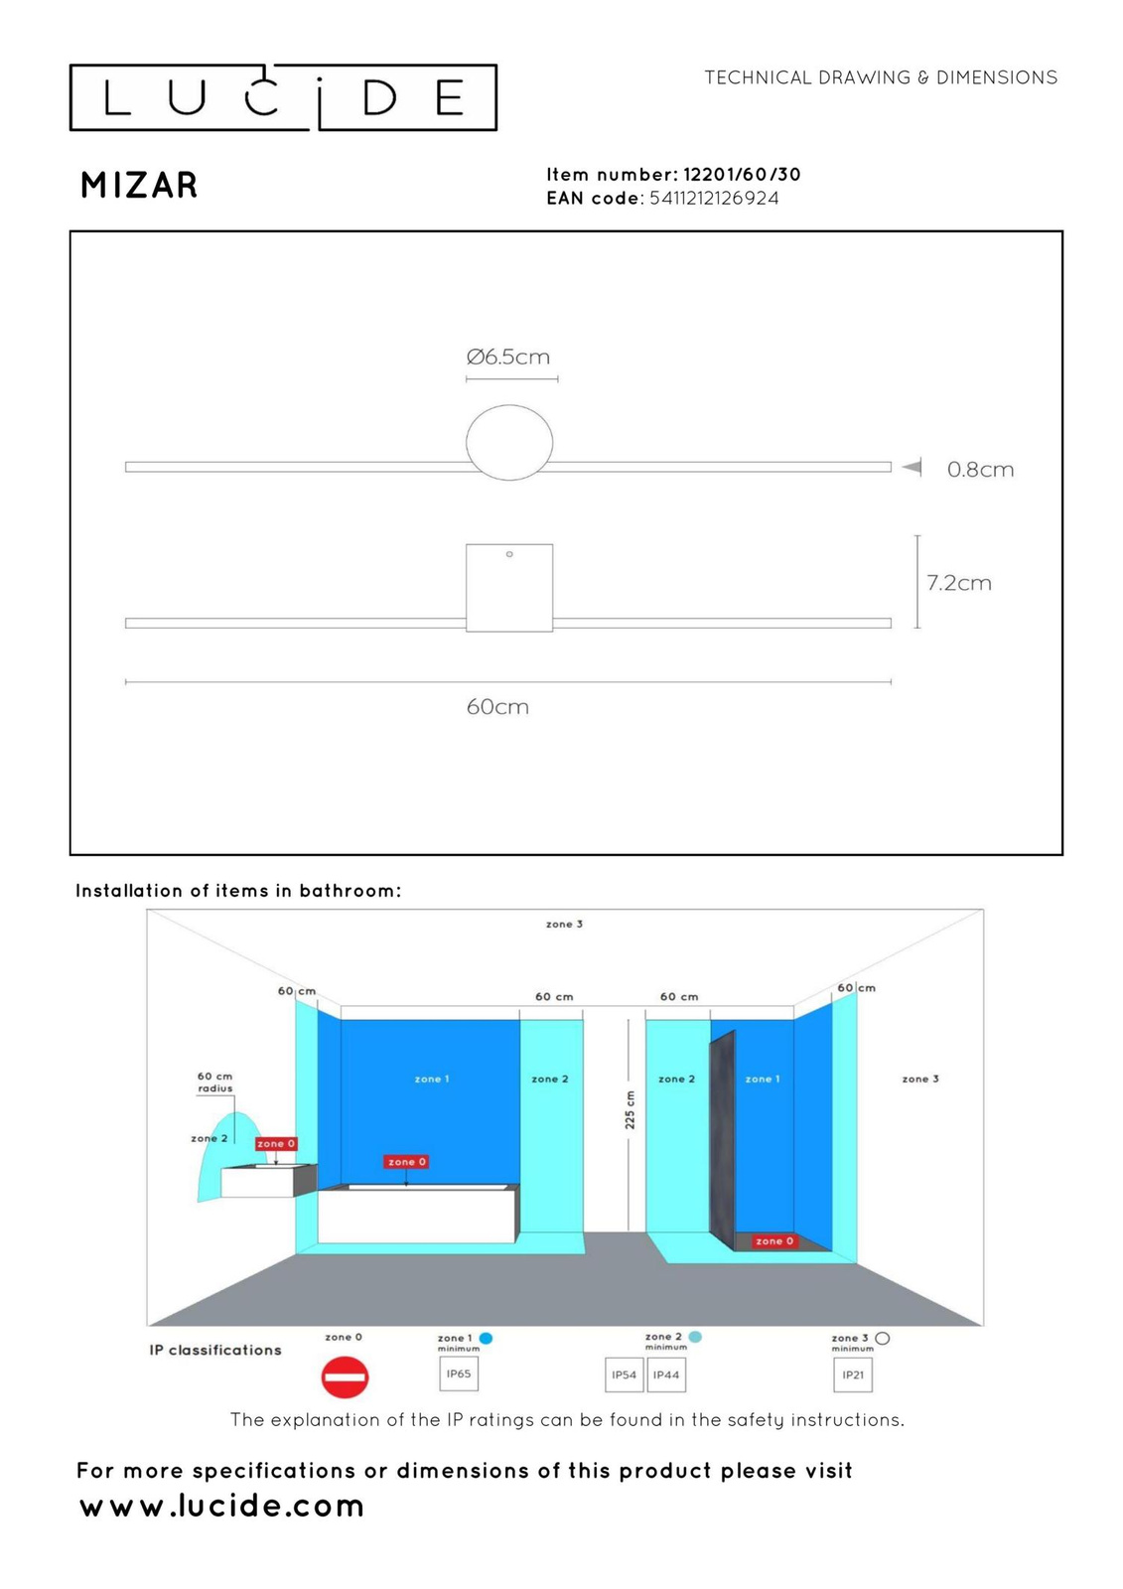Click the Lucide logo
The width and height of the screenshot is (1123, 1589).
click(283, 97)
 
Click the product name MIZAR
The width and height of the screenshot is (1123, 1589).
click(139, 186)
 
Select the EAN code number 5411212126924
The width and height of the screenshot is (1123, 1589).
click(714, 199)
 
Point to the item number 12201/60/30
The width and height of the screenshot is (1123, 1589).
click(742, 175)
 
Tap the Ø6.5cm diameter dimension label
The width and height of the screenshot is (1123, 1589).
click(508, 357)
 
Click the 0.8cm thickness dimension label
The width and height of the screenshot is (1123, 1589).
click(980, 469)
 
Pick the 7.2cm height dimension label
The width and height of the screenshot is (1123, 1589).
click(959, 583)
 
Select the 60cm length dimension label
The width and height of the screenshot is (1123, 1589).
click(497, 707)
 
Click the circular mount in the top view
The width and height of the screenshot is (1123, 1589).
click(509, 443)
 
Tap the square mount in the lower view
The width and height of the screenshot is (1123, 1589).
click(509, 588)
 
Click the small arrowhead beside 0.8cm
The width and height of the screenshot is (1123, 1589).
click(912, 467)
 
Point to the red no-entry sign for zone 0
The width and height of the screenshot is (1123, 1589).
click(345, 1377)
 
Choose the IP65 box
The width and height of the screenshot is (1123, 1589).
click(459, 1374)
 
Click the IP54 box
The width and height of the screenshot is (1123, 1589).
click(625, 1375)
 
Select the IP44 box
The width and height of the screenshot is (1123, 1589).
click(666, 1375)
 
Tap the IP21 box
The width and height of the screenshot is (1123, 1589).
click(853, 1375)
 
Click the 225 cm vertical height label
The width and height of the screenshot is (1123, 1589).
click(630, 1109)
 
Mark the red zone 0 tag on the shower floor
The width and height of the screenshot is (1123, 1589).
click(774, 1241)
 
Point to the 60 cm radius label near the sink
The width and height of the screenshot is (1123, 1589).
click(214, 1083)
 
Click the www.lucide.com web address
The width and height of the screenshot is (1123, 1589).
click(222, 1506)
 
